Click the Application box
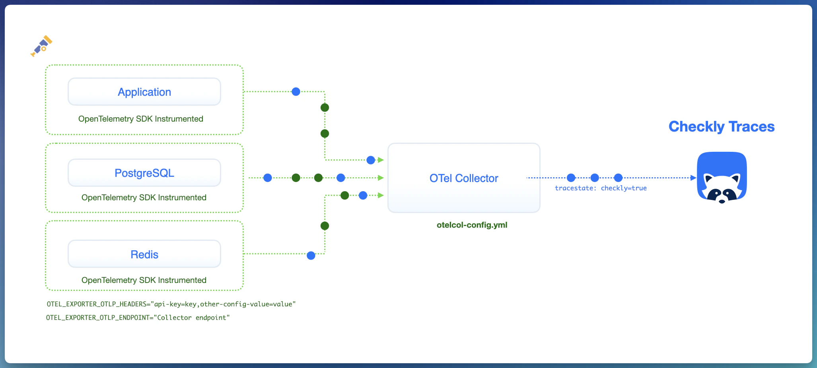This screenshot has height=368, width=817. point(144,92)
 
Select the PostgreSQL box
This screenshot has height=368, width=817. point(144,173)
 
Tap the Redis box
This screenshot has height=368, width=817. point(144,254)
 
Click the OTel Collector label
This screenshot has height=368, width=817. point(463,178)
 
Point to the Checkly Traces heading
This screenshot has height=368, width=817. point(721,126)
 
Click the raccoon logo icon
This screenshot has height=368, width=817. point(722,178)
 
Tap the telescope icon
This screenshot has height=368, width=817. point(41,46)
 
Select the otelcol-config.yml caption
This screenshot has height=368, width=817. point(472,225)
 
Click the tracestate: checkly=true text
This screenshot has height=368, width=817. point(601,188)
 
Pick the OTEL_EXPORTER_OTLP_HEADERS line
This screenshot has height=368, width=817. point(171,304)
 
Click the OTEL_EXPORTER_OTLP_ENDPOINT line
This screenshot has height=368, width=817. point(138,318)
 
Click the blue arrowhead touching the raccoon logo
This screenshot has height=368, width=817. point(693,178)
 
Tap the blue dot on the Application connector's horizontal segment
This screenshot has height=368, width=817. point(296,92)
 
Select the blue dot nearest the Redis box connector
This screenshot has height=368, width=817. point(311,256)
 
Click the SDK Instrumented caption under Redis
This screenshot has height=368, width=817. point(144,280)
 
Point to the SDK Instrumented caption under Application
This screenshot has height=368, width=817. point(140,119)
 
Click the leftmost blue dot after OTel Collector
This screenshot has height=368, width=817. point(571,178)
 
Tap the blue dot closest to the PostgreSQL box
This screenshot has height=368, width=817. point(268,178)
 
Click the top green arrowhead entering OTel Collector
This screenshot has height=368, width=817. point(381,160)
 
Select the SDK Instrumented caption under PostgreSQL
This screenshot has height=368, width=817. point(144,198)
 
